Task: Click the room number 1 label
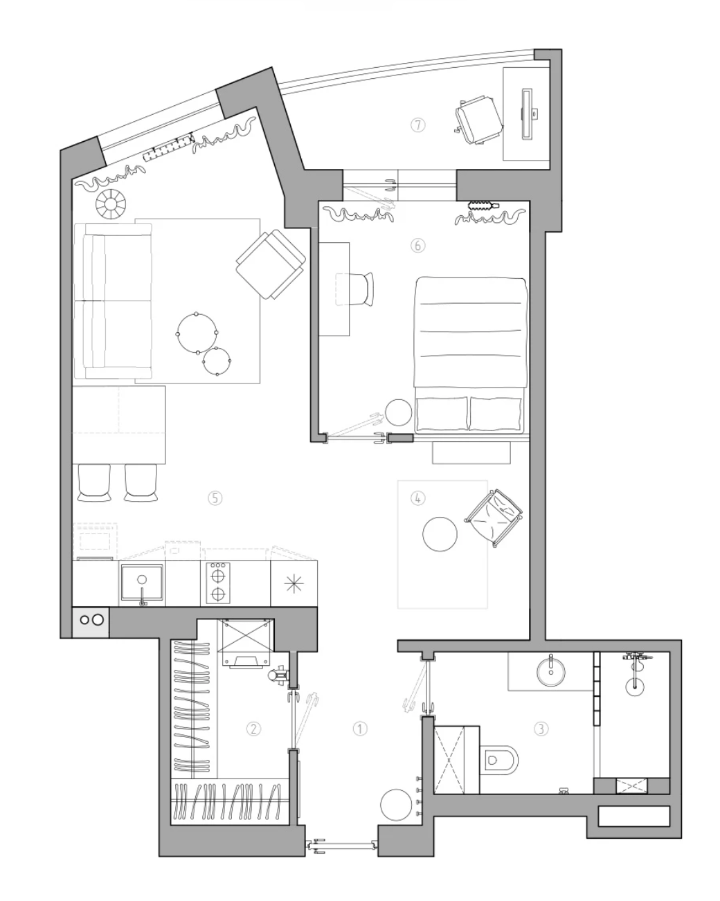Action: [x=359, y=729]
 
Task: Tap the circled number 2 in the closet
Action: [x=253, y=729]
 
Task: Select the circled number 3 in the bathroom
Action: [x=541, y=729]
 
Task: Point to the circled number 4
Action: [x=417, y=498]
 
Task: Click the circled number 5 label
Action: [x=215, y=498]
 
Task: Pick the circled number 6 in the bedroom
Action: [x=417, y=246]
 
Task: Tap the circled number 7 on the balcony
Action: [x=417, y=125]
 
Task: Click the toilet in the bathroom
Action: [x=498, y=759]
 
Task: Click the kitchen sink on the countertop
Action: [x=142, y=583]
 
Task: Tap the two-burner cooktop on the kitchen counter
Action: [x=218, y=583]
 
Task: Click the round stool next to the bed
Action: [x=398, y=412]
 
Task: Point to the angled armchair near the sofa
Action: [x=270, y=264]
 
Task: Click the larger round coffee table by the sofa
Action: [x=197, y=333]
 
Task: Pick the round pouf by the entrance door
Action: [x=396, y=805]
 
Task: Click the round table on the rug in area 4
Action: [x=440, y=534]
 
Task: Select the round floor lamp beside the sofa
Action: [x=111, y=204]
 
